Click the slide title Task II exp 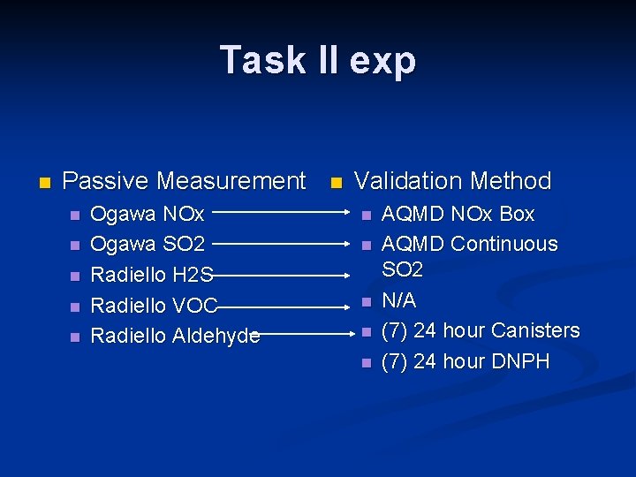pyautogui.click(x=318, y=61)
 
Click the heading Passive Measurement pyautogui.click(x=184, y=181)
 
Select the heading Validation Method pyautogui.click(x=452, y=181)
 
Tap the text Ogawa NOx pyautogui.click(x=148, y=214)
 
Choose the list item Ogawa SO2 pyautogui.click(x=148, y=244)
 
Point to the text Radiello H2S pyautogui.click(x=152, y=275)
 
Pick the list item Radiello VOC pyautogui.click(x=155, y=305)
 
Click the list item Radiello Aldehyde pyautogui.click(x=175, y=336)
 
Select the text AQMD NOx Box pyautogui.click(x=458, y=214)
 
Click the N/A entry pyautogui.click(x=398, y=300)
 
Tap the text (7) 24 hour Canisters pyautogui.click(x=480, y=330)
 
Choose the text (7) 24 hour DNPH pyautogui.click(x=465, y=361)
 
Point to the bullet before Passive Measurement pyautogui.click(x=44, y=183)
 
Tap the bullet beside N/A pyautogui.click(x=365, y=302)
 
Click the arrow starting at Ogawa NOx pyautogui.click(x=281, y=213)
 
